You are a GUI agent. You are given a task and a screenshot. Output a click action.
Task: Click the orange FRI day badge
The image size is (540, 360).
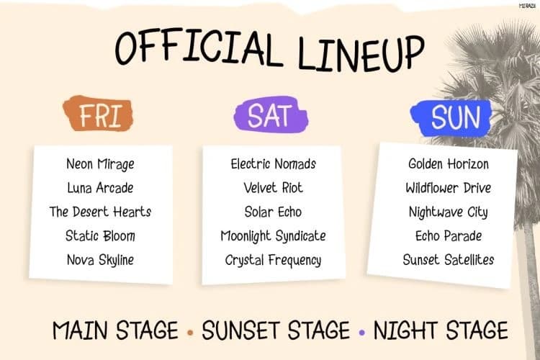[99, 114]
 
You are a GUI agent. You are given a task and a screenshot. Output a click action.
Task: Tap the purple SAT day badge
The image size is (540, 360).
[271, 114]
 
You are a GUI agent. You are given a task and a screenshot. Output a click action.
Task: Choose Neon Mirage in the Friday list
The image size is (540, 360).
[100, 164]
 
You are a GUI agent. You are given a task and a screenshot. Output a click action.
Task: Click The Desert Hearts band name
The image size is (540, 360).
[100, 212]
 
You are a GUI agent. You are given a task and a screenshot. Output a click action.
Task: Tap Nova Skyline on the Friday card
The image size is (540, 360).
[100, 260]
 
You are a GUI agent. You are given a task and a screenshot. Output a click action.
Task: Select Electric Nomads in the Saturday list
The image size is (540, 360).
[273, 163]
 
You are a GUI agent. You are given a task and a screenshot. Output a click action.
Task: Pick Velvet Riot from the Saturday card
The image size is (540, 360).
[273, 188]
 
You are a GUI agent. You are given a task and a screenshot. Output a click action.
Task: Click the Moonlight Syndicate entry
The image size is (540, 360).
[273, 236]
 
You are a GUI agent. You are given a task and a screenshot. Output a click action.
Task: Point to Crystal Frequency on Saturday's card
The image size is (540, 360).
[273, 260]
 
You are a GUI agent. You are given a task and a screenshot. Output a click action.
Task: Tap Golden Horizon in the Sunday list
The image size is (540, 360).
[449, 163]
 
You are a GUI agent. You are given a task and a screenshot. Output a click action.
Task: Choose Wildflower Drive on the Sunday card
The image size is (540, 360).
[449, 188]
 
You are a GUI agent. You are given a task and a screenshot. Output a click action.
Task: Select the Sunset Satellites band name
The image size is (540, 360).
[449, 260]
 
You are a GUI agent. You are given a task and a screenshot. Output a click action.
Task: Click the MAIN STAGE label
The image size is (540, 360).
[115, 330]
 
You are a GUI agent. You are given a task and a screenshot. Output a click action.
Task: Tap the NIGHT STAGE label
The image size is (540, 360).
[441, 330]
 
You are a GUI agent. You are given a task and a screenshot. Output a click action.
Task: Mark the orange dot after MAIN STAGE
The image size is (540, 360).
[190, 333]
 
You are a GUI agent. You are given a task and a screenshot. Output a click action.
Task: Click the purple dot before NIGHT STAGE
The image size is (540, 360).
[361, 333]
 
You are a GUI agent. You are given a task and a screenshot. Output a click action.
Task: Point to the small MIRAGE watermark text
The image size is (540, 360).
[527, 6]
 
